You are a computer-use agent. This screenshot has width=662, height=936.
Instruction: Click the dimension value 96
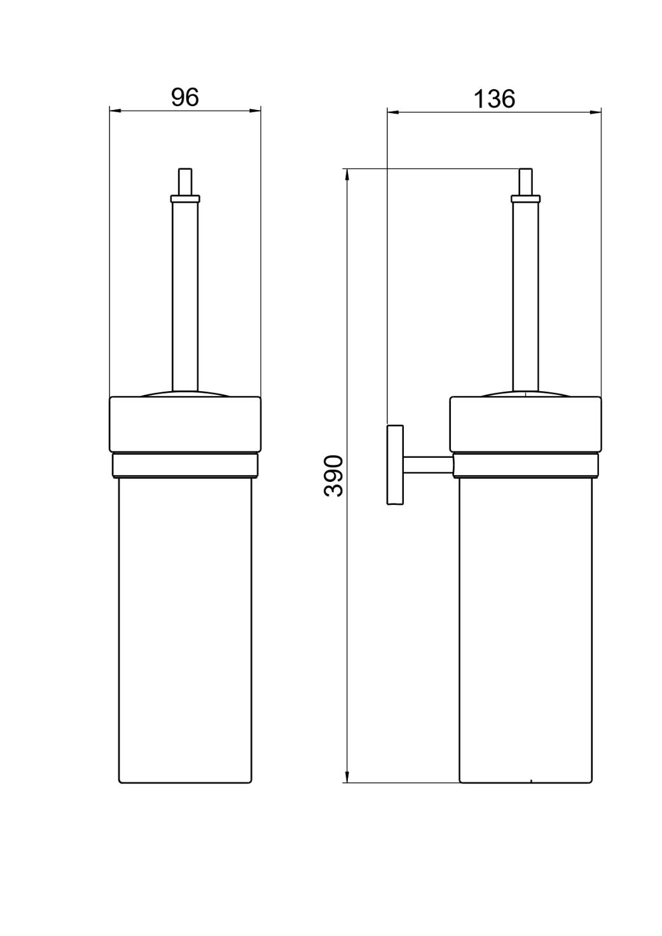pyautogui.click(x=184, y=97)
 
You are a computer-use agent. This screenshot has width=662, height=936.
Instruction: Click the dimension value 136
pyautogui.click(x=494, y=99)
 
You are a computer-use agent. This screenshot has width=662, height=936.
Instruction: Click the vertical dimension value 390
pyautogui.click(x=333, y=476)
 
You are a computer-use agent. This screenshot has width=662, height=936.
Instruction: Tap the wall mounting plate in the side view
pyautogui.click(x=395, y=465)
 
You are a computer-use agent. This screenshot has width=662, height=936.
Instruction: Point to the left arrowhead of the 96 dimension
pyautogui.click(x=115, y=111)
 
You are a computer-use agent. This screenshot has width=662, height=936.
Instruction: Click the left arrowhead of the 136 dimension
pyautogui.click(x=393, y=112)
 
